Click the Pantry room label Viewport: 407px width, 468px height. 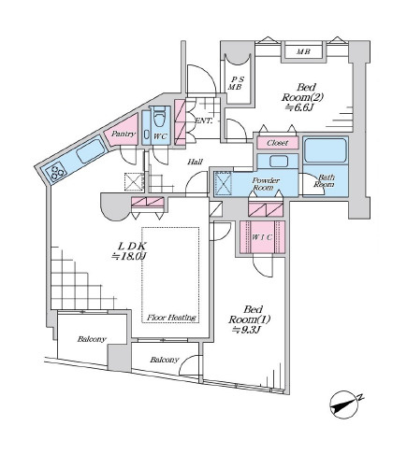[124, 134]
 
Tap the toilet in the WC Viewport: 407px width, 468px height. [159, 118]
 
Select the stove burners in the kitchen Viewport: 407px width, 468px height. [56, 172]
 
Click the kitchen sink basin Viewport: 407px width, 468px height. [90, 150]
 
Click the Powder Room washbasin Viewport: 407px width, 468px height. [279, 162]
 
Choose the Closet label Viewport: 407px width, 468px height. [277, 143]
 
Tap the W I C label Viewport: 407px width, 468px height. [262, 237]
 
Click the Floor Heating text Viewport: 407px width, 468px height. [171, 318]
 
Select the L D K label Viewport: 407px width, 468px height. [131, 246]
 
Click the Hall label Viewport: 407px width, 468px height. [195, 162]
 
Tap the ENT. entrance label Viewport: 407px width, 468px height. [204, 121]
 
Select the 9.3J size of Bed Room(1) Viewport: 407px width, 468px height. [245, 330]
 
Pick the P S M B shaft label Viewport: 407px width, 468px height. [235, 83]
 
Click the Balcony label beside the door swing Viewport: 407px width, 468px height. [164, 360]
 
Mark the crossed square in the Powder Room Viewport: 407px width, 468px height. [224, 183]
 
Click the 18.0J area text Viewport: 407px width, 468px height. [129, 256]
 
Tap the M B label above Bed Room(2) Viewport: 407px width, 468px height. [303, 51]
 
